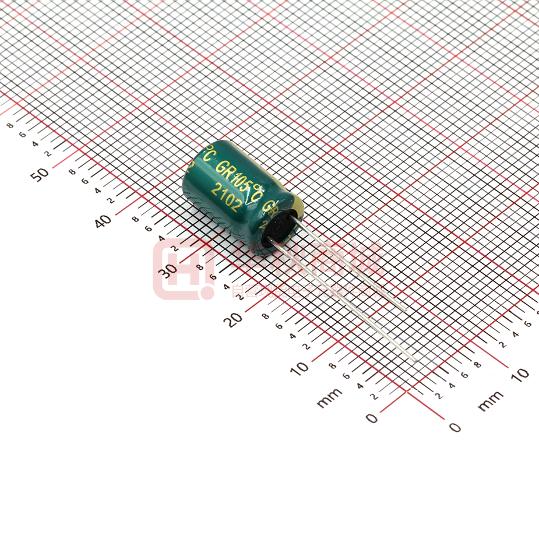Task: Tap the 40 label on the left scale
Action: [103, 220]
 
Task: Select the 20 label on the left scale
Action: [234, 319]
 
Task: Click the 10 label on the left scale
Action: [300, 368]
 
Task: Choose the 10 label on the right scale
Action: [520, 374]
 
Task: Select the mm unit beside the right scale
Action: [490, 400]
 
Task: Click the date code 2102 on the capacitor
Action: [227, 197]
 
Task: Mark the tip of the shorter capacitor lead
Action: [406, 307]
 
